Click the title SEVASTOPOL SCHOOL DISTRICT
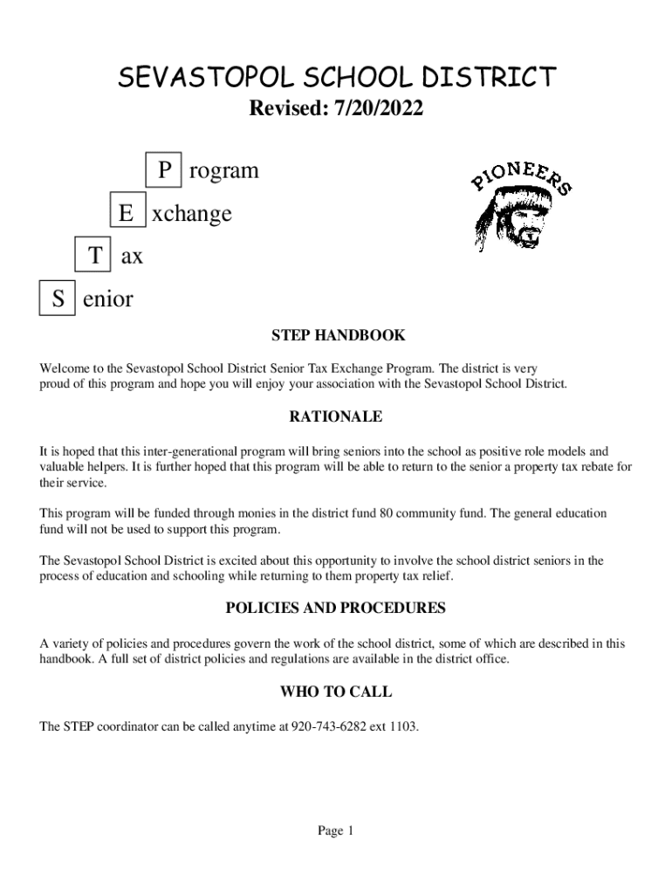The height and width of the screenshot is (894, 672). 336,78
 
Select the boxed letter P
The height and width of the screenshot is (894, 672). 164,170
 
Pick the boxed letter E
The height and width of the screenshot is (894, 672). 127,213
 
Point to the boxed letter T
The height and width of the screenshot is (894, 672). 93,256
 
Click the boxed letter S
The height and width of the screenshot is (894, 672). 58,299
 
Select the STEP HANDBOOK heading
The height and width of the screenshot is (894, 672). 337,335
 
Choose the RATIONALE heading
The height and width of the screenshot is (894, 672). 336,417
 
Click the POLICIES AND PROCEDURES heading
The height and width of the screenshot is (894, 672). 336,608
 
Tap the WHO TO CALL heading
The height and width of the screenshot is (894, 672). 336,692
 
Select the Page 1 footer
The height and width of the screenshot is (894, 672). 336,831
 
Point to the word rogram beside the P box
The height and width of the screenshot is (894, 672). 223,170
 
